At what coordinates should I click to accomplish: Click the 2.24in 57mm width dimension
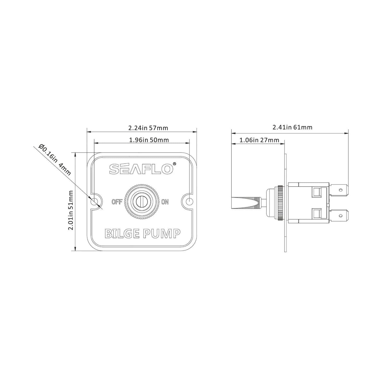point(148,128)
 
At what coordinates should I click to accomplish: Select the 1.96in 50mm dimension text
point(149,140)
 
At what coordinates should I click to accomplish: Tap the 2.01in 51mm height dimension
point(70,210)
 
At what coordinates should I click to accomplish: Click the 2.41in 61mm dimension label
point(292,127)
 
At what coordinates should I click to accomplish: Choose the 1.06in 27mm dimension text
point(259,140)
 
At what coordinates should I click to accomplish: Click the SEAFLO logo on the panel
point(141,169)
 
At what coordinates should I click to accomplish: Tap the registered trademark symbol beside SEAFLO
point(175,164)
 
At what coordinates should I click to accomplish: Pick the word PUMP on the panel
point(161,234)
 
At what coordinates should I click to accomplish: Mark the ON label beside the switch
point(165,201)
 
